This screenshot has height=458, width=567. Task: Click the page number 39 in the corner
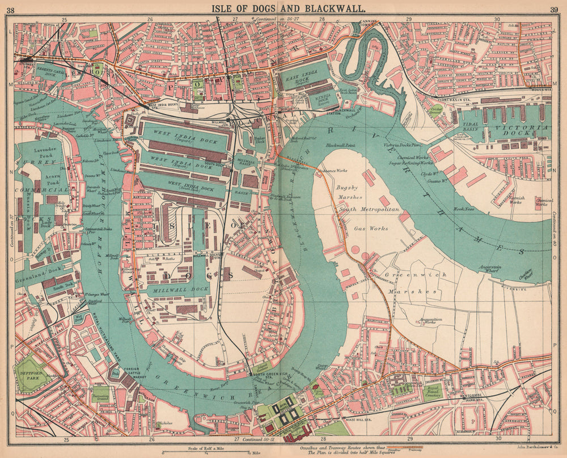click(x=553, y=9)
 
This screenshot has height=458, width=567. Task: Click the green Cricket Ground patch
click(x=435, y=111)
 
